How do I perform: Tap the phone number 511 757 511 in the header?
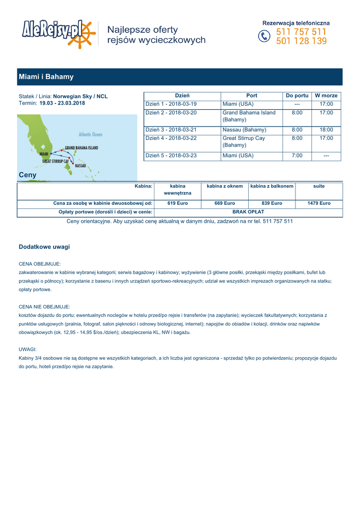(301, 32)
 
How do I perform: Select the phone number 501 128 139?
(301, 41)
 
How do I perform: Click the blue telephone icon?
(265, 37)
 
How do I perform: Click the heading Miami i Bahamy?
(46, 77)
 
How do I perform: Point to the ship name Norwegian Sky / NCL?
(80, 96)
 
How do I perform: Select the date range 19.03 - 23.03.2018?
(62, 103)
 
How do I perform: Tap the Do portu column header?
(297, 96)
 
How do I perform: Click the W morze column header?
(326, 96)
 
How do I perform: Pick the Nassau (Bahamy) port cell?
(244, 130)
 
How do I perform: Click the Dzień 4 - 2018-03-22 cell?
(171, 138)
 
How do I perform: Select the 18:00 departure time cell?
(326, 130)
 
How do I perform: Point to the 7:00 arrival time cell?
(297, 156)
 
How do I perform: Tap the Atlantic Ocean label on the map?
(90, 134)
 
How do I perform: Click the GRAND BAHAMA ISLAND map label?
(81, 148)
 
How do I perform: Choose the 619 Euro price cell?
(178, 203)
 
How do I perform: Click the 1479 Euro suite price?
(319, 203)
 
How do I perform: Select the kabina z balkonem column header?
(272, 187)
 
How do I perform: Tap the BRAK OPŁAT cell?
(248, 212)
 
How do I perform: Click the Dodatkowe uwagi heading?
(44, 247)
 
